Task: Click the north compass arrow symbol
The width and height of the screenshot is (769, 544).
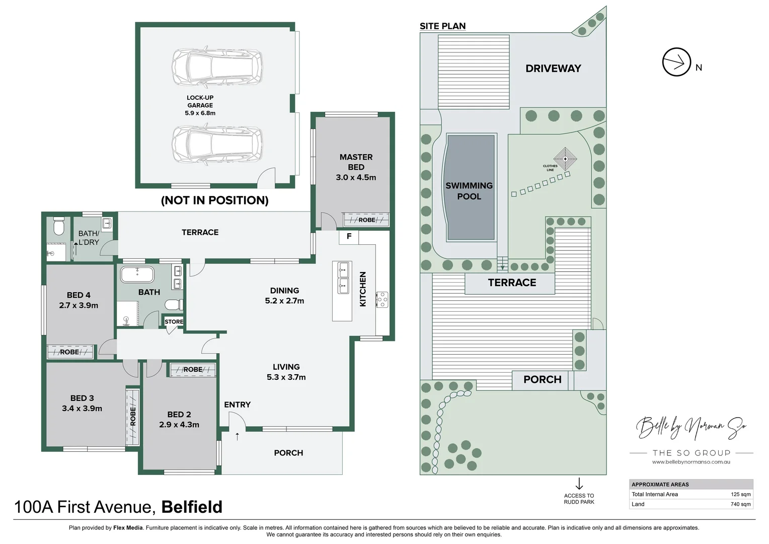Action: pyautogui.click(x=676, y=62)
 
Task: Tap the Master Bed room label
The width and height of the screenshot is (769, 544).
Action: pyautogui.click(x=356, y=162)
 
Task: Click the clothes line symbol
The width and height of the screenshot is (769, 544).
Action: pyautogui.click(x=565, y=159)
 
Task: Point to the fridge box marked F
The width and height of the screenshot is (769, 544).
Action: pyautogui.click(x=349, y=236)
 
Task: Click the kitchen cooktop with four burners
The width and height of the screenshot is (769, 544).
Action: pyautogui.click(x=382, y=299)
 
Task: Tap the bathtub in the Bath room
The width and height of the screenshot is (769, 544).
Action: pyautogui.click(x=137, y=275)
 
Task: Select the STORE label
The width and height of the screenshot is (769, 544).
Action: pyautogui.click(x=174, y=321)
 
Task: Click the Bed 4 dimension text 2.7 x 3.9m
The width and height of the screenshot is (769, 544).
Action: pyautogui.click(x=79, y=305)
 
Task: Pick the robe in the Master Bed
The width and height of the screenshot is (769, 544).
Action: pyautogui.click(x=366, y=220)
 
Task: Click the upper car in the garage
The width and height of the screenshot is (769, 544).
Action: pyautogui.click(x=217, y=67)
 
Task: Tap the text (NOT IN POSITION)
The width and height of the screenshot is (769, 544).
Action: pyautogui.click(x=214, y=200)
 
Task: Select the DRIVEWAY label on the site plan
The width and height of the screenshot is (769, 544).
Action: pyautogui.click(x=553, y=69)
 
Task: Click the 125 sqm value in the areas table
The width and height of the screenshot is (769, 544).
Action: pyautogui.click(x=740, y=494)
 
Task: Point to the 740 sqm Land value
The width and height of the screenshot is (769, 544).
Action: pyautogui.click(x=740, y=504)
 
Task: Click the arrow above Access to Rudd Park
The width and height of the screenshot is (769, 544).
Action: pyautogui.click(x=579, y=484)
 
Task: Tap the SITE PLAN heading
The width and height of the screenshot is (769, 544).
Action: pyautogui.click(x=442, y=26)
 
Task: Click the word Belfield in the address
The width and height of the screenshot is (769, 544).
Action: pyautogui.click(x=192, y=507)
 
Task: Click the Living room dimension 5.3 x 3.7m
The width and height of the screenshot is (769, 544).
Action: pyautogui.click(x=286, y=377)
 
